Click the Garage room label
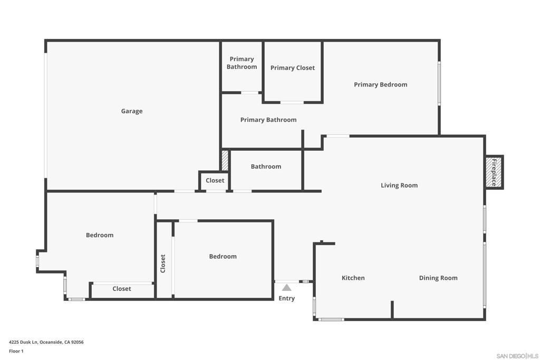[x=132, y=111]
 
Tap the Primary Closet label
[x=293, y=68]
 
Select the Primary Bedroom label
[x=380, y=85]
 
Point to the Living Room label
[x=399, y=186]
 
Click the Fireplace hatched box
[x=494, y=172]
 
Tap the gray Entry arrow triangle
[x=286, y=288]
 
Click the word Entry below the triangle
[x=286, y=298]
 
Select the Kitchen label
[x=353, y=278]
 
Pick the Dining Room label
[x=438, y=278]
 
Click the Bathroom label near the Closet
[x=266, y=167]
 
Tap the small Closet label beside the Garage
[x=215, y=180]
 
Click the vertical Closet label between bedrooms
[x=163, y=264]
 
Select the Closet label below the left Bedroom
[x=122, y=289]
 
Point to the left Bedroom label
[x=100, y=235]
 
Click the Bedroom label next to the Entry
[x=223, y=257]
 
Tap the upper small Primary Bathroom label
[x=242, y=63]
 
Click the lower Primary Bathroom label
[x=268, y=120]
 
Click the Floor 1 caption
[x=16, y=351]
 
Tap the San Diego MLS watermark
[x=517, y=356]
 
